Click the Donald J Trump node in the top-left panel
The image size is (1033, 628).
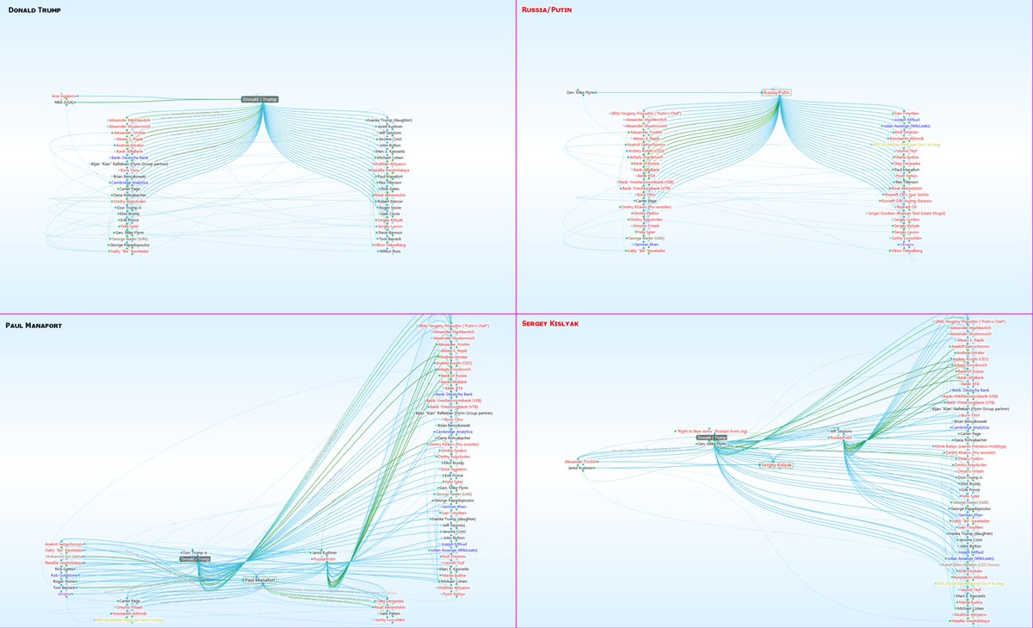click(x=260, y=99)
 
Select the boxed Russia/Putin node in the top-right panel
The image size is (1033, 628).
click(x=776, y=92)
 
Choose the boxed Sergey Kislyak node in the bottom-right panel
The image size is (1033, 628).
click(x=776, y=465)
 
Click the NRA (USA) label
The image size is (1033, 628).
click(x=65, y=103)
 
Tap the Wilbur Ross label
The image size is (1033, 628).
click(x=391, y=252)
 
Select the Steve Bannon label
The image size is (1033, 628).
click(x=390, y=233)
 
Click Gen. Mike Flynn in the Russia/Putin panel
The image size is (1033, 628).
click(x=580, y=92)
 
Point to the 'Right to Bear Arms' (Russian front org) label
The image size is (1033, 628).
click(x=714, y=431)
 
